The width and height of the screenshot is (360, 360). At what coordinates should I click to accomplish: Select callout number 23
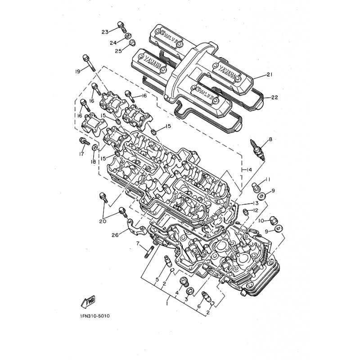[105, 32]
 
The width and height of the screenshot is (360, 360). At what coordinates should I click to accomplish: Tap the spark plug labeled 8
[260, 150]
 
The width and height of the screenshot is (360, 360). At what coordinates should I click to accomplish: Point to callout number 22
[274, 97]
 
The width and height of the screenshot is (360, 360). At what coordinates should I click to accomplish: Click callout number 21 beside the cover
[270, 74]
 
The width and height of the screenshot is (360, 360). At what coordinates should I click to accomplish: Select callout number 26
[116, 235]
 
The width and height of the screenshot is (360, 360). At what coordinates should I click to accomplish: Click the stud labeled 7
[149, 252]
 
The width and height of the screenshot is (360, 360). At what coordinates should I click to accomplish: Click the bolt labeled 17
[84, 142]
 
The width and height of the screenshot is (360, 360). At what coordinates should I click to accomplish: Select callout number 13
[255, 203]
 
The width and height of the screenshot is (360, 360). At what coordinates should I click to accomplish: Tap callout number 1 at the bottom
[167, 303]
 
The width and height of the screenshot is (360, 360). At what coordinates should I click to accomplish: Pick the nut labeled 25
[132, 43]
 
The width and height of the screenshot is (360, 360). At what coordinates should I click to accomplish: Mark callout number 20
[103, 221]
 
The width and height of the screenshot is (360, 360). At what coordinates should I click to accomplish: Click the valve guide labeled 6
[206, 296]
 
